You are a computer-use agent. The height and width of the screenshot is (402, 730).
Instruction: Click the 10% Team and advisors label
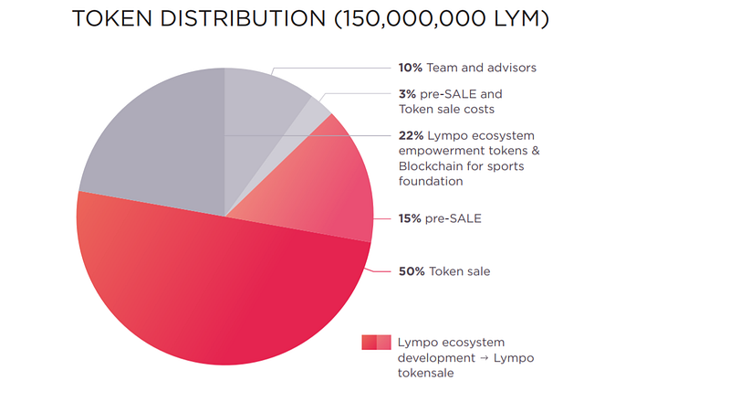click(x=467, y=68)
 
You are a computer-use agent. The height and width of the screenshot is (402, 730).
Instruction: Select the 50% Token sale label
click(x=444, y=271)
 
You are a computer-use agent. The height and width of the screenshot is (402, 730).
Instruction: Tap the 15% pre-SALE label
click(x=440, y=218)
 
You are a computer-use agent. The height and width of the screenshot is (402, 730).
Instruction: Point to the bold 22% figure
click(x=412, y=136)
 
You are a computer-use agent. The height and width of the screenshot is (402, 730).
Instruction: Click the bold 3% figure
click(x=407, y=94)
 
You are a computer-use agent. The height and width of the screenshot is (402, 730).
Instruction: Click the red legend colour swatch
click(x=376, y=343)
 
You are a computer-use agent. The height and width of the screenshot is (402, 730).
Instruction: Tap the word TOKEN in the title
click(x=112, y=18)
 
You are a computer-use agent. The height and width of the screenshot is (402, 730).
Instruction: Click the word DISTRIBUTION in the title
click(x=243, y=18)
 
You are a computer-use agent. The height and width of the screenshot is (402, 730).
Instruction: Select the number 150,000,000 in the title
click(x=410, y=19)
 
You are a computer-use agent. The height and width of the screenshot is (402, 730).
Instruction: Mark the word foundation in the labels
click(x=431, y=182)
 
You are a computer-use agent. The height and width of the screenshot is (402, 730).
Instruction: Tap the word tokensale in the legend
click(x=425, y=373)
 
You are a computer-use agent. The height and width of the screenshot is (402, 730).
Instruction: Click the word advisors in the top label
click(x=511, y=68)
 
